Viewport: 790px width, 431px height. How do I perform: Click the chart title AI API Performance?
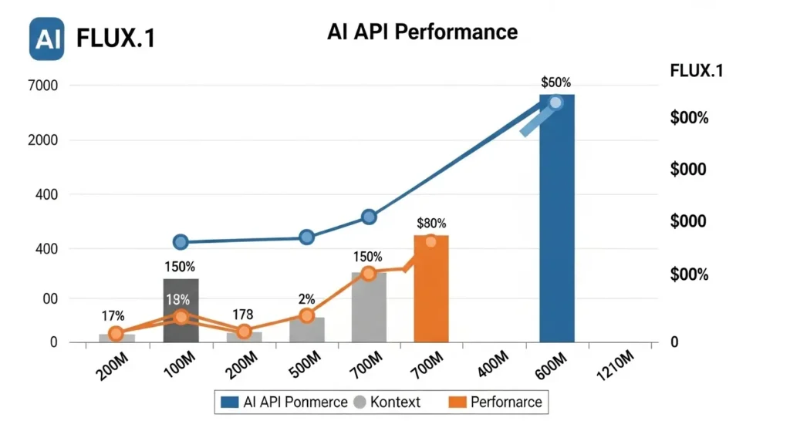pyautogui.click(x=422, y=32)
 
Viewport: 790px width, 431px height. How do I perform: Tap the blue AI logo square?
pyautogui.click(x=46, y=39)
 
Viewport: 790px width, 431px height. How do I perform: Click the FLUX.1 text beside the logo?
pyautogui.click(x=116, y=39)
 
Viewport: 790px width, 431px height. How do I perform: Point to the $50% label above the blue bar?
pyautogui.click(x=556, y=82)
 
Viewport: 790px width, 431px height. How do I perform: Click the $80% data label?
pyautogui.click(x=430, y=223)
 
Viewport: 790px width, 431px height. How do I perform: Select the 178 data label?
pyautogui.click(x=243, y=314)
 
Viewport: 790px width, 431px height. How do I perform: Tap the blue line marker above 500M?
pyautogui.click(x=306, y=237)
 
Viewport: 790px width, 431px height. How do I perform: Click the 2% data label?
pyautogui.click(x=306, y=298)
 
